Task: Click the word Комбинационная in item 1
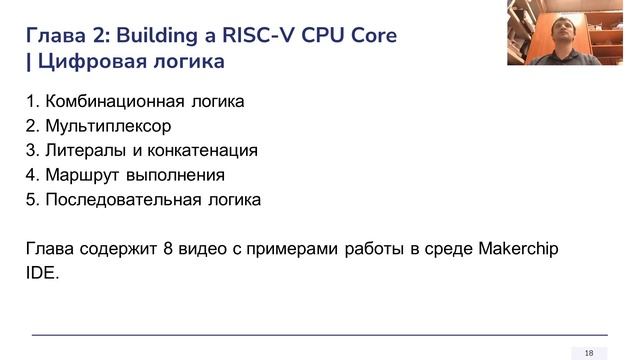coord(115,102)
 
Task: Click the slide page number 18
coord(589,352)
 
